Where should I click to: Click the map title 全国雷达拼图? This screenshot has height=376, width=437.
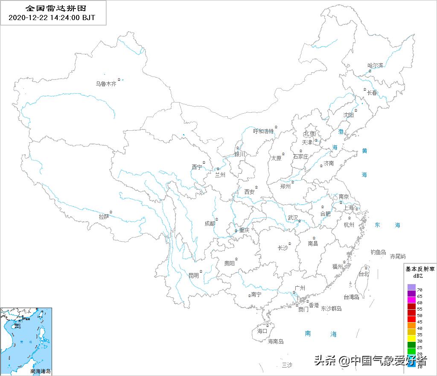pos(53,8)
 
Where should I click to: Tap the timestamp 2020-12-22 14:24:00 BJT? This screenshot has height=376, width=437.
pos(52,18)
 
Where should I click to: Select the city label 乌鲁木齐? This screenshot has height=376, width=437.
pos(106,84)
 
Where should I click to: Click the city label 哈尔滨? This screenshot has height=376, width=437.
pos(376,65)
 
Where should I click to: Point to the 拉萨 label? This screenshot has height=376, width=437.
pos(104,217)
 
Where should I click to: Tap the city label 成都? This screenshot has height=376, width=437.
pos(210,223)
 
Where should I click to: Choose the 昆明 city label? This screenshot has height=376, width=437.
pos(194,276)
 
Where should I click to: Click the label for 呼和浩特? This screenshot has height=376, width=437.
pos(263,131)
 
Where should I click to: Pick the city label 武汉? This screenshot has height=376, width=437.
pos(293,217)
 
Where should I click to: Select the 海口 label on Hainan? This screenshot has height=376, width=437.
pos(262,331)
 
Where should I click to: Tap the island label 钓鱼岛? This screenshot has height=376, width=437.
pos(378,253)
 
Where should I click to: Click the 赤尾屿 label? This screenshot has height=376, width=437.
pos(398,256)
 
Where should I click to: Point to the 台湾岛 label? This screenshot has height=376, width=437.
pos(351,297)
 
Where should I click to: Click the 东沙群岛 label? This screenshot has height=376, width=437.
pos(332,308)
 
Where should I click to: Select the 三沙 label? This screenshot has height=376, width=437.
pos(287,364)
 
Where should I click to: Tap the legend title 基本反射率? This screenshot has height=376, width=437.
pos(420,269)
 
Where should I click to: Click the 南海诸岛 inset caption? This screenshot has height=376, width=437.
pos(41,371)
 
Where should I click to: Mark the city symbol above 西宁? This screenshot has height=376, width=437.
pos(204,162)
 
